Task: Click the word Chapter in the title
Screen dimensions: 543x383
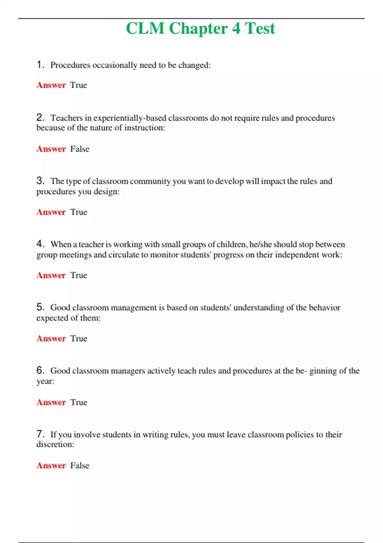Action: click(x=198, y=29)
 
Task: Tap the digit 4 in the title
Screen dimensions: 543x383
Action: click(x=236, y=29)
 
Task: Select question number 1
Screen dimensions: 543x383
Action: click(x=40, y=65)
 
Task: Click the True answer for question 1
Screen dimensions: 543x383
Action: click(x=79, y=85)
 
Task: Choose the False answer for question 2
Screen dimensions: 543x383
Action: click(x=80, y=149)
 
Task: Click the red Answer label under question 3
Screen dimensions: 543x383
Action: click(x=51, y=212)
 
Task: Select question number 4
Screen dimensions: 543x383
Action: click(x=40, y=244)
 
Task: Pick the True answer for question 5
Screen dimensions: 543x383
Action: click(x=79, y=339)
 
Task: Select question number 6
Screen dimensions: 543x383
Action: click(x=40, y=371)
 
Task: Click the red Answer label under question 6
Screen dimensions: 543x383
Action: click(x=51, y=402)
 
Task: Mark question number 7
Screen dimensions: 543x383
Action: click(x=40, y=434)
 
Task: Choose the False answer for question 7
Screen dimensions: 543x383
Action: click(x=80, y=466)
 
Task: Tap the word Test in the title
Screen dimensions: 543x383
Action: click(x=260, y=29)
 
